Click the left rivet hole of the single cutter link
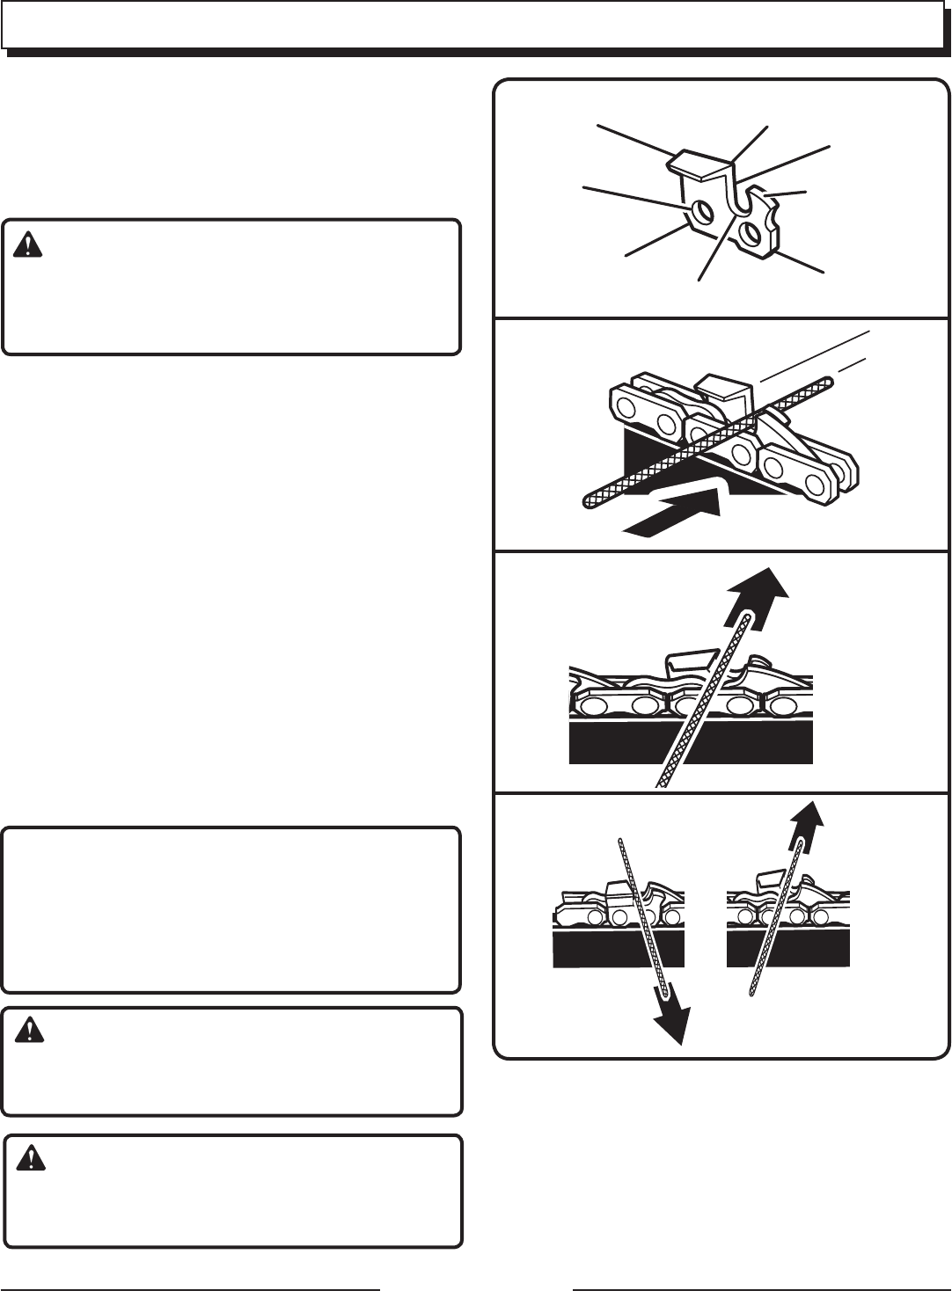pos(702,212)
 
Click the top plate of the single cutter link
pos(700,163)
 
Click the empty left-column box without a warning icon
pos(231,909)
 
